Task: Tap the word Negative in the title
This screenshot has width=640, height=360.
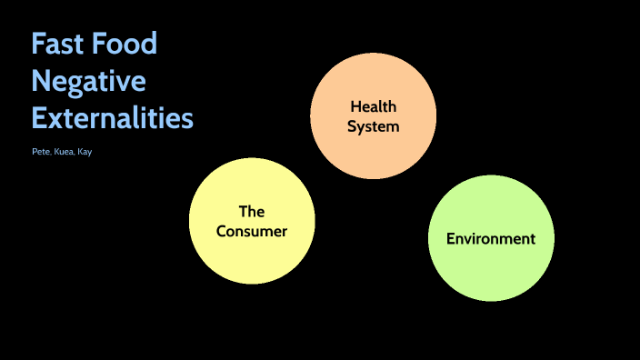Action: pos(88,81)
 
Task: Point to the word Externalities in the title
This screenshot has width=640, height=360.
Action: pos(113,118)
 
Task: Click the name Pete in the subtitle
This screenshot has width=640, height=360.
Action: pos(40,152)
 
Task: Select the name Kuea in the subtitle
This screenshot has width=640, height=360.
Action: pos(63,152)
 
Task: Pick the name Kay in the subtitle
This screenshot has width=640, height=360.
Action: pos(84,152)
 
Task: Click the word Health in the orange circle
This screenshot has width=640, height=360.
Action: pos(374,107)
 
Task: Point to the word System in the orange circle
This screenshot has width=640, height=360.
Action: pos(374,126)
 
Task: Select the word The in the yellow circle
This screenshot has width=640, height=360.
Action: pos(252,212)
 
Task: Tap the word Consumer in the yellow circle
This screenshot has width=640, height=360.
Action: pos(252,231)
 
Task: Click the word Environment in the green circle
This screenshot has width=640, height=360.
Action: pos(491,239)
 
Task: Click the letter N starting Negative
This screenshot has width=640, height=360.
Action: pos(41,81)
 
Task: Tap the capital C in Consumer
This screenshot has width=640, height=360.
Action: pos(222,231)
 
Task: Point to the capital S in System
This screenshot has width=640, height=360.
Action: pos(353,126)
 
